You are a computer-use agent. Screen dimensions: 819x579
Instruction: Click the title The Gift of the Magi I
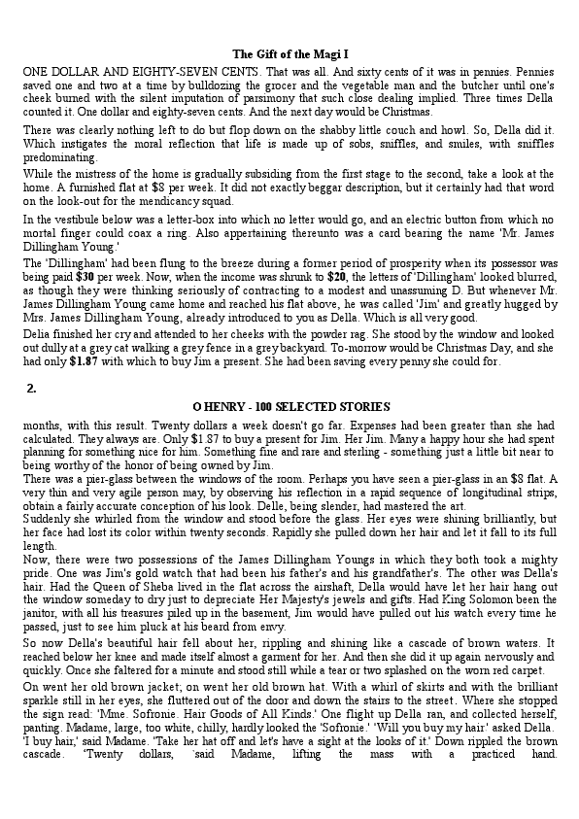pos(290,53)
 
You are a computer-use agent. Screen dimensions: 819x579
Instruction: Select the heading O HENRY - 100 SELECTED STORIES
pos(291,406)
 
